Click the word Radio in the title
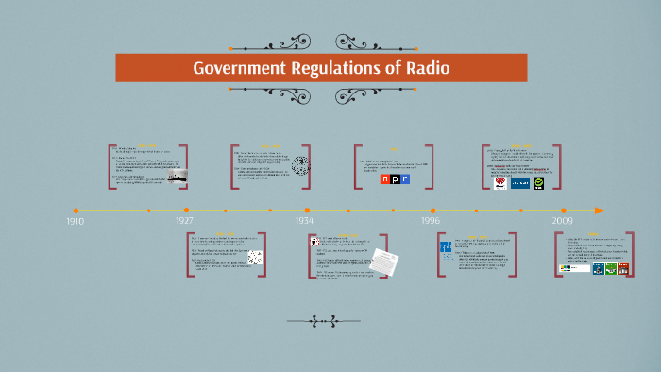coord(430,69)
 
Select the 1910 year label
coord(75,220)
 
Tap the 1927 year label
coord(184,220)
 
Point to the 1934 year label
coord(303,220)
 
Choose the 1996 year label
coord(430,220)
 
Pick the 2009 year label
coord(563,220)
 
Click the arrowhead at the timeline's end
coord(600,210)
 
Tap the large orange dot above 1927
coord(187,210)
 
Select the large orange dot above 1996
coord(433,210)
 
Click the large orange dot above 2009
coord(564,210)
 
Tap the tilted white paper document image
coord(382,260)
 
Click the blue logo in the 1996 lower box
coord(446,248)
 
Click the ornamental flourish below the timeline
coord(330,322)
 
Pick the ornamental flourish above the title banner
coord(330,42)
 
